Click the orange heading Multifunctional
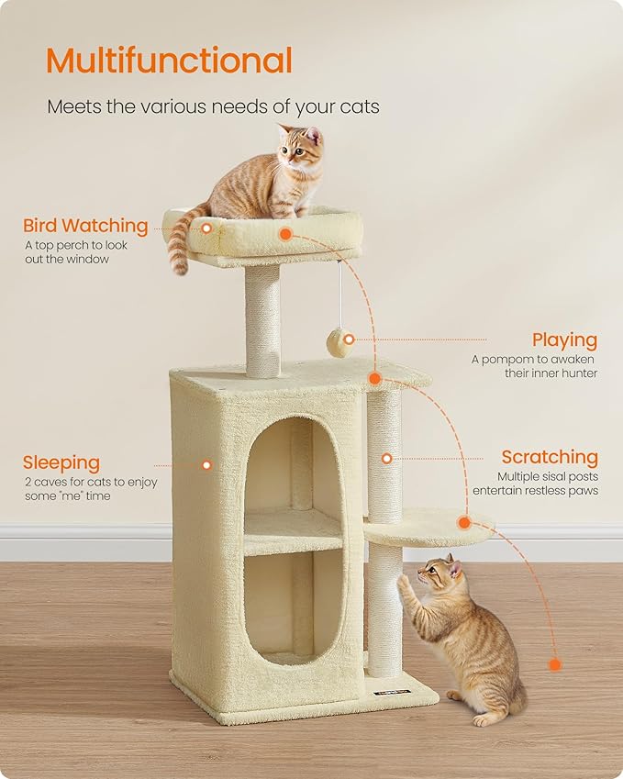click(x=169, y=61)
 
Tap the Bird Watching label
click(x=85, y=226)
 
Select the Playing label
click(x=564, y=340)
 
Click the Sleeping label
click(x=61, y=462)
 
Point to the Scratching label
click(x=549, y=457)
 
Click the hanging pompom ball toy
click(x=339, y=343)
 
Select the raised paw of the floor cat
click(x=405, y=584)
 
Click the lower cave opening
click(x=292, y=601)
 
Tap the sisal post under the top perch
click(x=262, y=320)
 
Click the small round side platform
click(x=428, y=527)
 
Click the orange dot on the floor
click(x=553, y=664)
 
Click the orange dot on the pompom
click(x=349, y=339)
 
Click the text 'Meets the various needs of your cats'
click(x=213, y=107)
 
